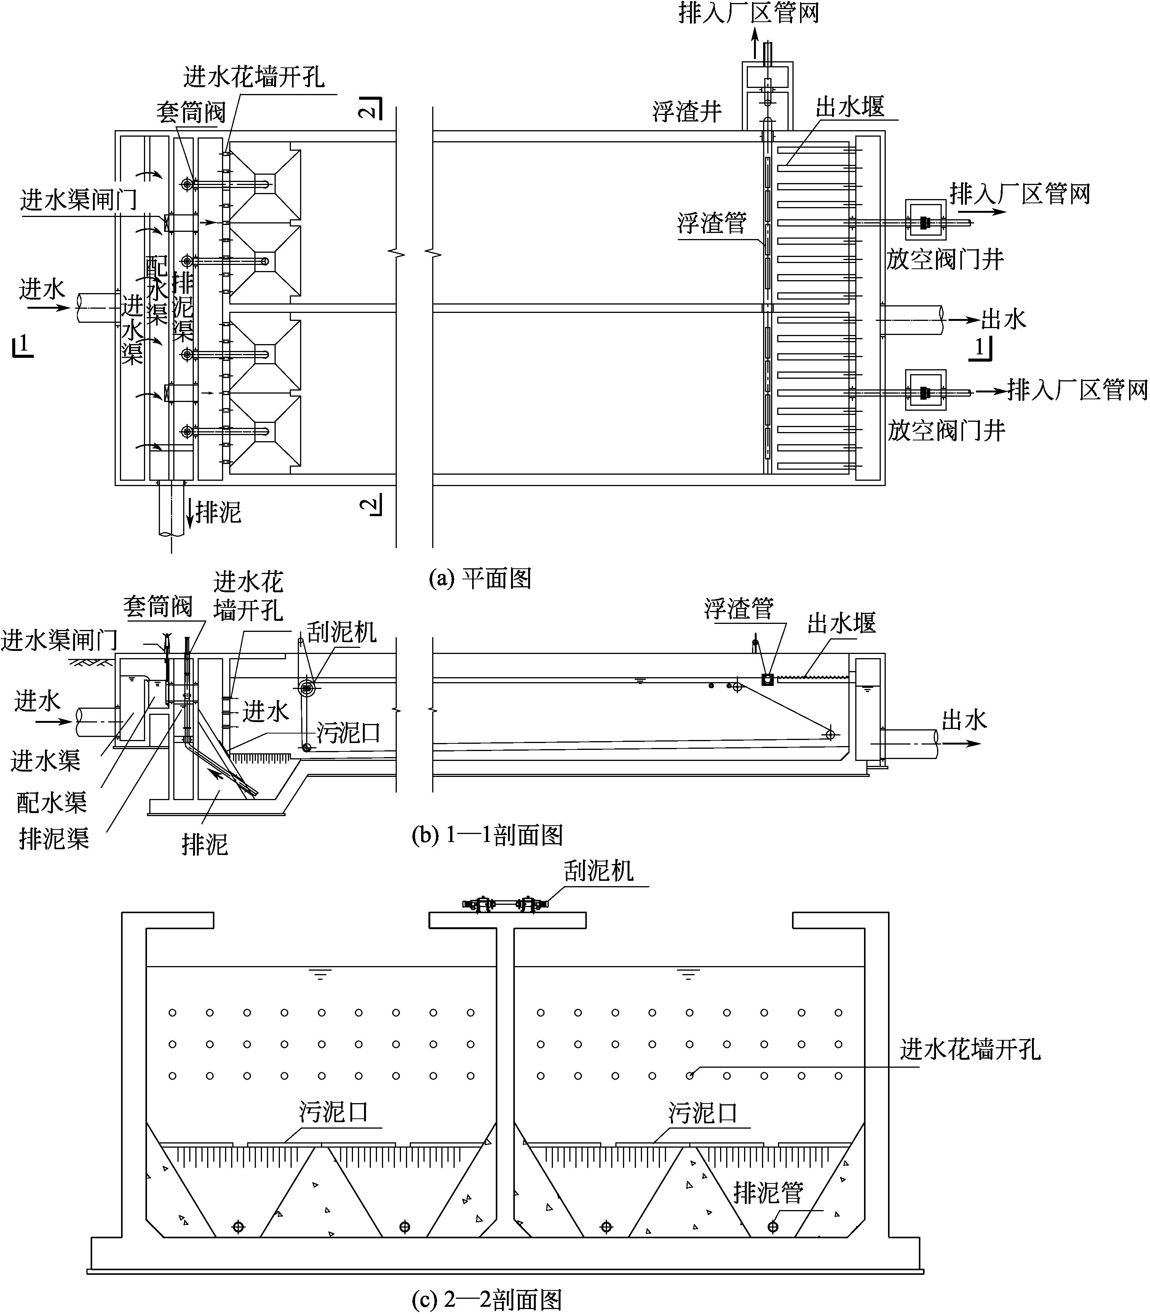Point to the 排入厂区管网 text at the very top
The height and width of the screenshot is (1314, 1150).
tap(749, 13)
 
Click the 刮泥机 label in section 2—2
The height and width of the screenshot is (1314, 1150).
tap(598, 871)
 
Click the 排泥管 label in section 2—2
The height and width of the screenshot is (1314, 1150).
tap(768, 1193)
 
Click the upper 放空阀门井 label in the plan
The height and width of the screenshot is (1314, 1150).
tap(945, 260)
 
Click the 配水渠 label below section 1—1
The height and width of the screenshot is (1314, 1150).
tap(51, 802)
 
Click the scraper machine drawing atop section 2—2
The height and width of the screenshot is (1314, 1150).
tap(505, 905)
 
